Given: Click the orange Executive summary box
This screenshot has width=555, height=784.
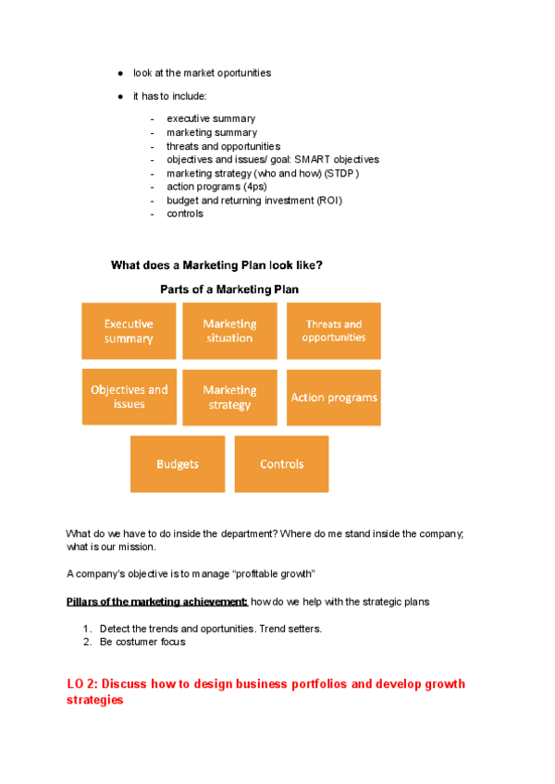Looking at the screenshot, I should click(x=129, y=331).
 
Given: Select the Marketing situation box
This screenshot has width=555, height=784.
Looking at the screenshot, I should click(x=229, y=331).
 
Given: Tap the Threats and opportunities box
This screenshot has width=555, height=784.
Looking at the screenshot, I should click(x=333, y=331).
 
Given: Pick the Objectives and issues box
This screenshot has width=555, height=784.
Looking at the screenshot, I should click(x=129, y=397).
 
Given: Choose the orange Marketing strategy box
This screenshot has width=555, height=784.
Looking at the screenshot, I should click(x=229, y=398).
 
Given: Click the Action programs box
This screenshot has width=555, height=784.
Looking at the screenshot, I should click(x=333, y=398).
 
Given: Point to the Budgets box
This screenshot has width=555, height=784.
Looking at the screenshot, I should click(x=177, y=464).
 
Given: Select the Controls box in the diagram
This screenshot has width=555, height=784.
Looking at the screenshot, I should click(x=281, y=464).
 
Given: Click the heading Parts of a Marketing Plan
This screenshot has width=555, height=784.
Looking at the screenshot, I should click(x=229, y=289).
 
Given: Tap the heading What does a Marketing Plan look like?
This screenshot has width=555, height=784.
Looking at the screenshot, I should click(x=216, y=265).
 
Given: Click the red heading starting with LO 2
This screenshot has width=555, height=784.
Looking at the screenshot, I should click(x=265, y=692).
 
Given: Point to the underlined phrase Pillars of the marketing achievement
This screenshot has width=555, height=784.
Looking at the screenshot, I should click(x=157, y=602).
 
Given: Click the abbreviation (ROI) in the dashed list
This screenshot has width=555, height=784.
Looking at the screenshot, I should click(x=328, y=200).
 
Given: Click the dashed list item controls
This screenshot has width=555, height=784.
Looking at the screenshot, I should click(x=185, y=214).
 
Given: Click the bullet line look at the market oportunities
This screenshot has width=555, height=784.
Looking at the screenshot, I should click(x=202, y=72).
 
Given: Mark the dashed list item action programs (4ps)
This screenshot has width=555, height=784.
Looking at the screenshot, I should click(x=216, y=186).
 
